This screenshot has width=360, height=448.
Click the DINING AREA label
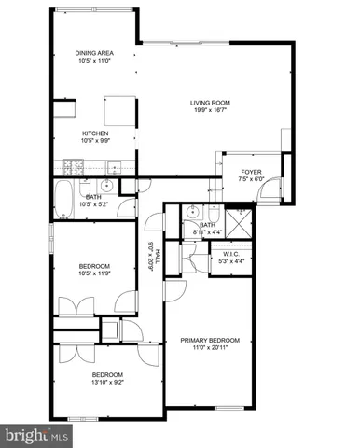click(x=93, y=53)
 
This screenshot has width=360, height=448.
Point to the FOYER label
click(x=252, y=173)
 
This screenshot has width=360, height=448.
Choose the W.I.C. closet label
click(x=232, y=254)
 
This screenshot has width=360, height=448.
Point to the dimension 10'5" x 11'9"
click(x=93, y=273)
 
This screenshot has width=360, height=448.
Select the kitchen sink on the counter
click(x=112, y=169)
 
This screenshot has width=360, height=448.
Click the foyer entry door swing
click(x=268, y=194)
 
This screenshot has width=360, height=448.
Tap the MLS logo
click(x=35, y=436)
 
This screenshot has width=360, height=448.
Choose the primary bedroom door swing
click(x=173, y=290)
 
